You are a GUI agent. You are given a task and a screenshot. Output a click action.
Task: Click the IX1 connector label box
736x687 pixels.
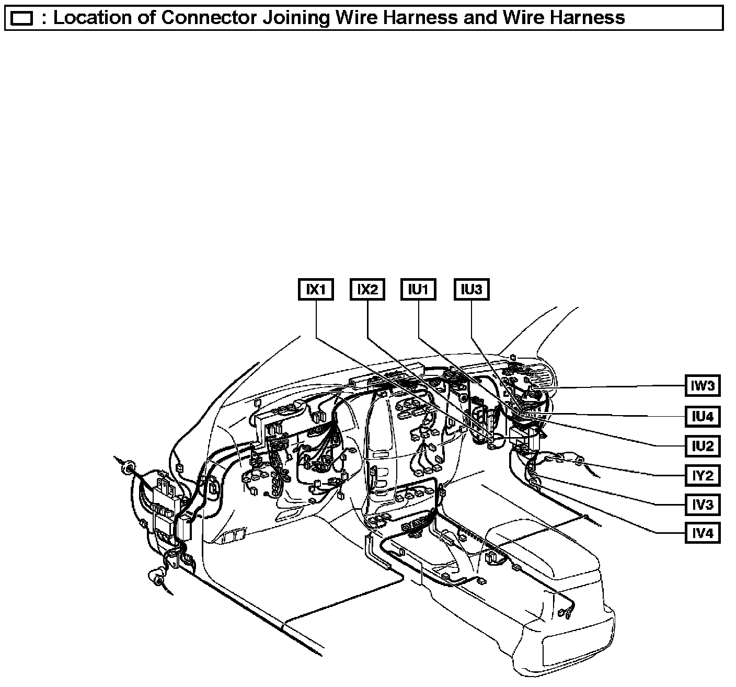[x=316, y=289]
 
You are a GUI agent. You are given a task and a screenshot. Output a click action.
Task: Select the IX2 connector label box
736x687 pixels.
[x=367, y=289]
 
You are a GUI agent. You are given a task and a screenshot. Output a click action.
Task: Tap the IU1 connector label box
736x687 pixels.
[x=419, y=289]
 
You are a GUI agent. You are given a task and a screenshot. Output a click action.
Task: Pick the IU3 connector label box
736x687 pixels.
[x=471, y=289]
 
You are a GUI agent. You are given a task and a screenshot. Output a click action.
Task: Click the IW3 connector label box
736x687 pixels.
[x=703, y=386]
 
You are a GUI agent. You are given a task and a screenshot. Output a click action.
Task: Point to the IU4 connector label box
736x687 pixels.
[x=703, y=416]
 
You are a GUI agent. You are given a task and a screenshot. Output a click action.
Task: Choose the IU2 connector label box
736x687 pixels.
[x=703, y=446]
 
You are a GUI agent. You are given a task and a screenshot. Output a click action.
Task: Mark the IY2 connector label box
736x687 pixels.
[x=703, y=475]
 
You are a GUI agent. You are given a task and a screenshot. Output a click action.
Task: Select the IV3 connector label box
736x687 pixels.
[x=703, y=505]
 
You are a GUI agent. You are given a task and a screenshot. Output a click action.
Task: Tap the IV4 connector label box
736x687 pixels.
[x=703, y=534]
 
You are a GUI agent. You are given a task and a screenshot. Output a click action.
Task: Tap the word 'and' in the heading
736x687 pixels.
[x=483, y=18]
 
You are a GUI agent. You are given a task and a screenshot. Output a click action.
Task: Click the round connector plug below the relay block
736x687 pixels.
[x=156, y=577]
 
